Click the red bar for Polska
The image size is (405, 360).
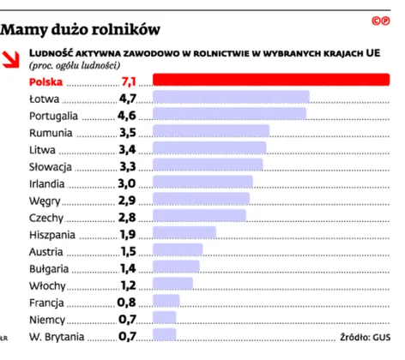click(270, 81)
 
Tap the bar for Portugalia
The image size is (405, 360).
click(229, 114)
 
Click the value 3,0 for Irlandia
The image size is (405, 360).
click(127, 183)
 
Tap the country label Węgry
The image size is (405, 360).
click(45, 199)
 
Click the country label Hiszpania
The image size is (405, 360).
click(53, 233)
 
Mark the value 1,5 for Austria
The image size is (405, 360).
click(128, 250)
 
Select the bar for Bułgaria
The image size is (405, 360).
click(176, 267)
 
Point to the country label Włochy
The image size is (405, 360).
click(47, 285)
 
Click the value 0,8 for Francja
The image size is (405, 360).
click(127, 301)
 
